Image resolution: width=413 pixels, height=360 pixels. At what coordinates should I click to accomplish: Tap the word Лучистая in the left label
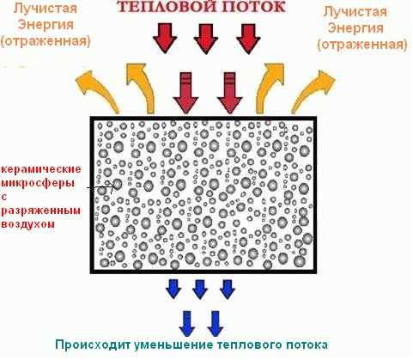(46, 8)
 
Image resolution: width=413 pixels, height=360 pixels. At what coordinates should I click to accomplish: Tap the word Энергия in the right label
(355, 28)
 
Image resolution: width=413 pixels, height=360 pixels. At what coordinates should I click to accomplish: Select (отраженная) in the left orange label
(46, 41)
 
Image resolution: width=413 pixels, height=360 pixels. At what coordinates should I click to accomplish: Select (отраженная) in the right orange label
(362, 45)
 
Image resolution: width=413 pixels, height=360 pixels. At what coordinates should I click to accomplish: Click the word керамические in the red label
(41, 169)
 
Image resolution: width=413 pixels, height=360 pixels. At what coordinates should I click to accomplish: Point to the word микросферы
(38, 183)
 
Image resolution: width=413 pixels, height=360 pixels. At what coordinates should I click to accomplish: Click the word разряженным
(40, 211)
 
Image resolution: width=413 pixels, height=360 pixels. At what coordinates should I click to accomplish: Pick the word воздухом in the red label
(27, 223)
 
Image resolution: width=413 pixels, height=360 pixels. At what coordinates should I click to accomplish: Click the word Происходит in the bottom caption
(93, 345)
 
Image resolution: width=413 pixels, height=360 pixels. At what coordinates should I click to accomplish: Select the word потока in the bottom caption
(307, 345)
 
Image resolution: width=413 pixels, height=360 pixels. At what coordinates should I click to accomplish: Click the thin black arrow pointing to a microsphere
(101, 187)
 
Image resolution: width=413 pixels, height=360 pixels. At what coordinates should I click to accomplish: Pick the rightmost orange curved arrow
(313, 91)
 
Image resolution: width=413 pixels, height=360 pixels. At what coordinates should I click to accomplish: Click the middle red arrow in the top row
(206, 39)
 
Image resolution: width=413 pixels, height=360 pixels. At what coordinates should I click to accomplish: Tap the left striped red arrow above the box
(185, 92)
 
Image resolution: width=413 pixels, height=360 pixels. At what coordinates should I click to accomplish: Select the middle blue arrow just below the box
(200, 290)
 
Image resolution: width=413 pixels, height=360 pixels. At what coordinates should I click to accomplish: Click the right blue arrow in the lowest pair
(216, 324)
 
